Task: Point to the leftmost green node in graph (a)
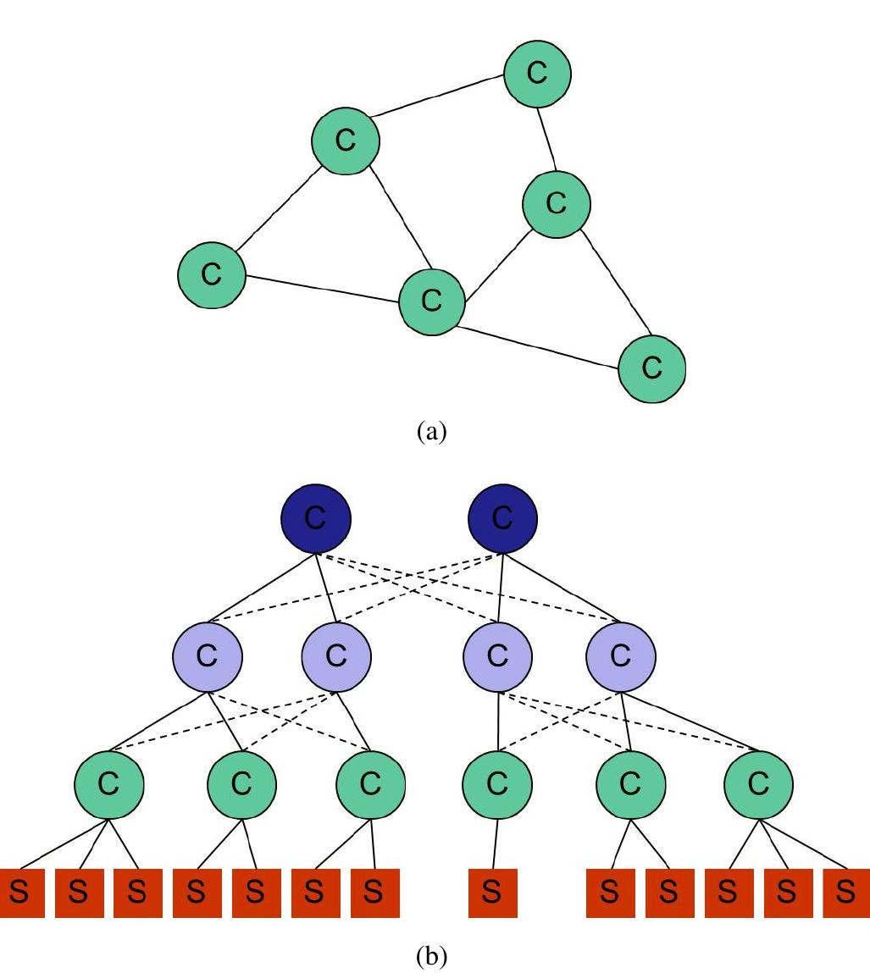point(211,274)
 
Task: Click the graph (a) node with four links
point(431,301)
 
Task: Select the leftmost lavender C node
point(207,655)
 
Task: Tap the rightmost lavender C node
point(621,655)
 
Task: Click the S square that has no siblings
point(492,893)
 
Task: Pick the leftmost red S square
point(22,893)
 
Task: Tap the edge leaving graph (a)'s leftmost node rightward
point(322,289)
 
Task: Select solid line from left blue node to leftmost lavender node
point(262,588)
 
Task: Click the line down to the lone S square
point(496,843)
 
